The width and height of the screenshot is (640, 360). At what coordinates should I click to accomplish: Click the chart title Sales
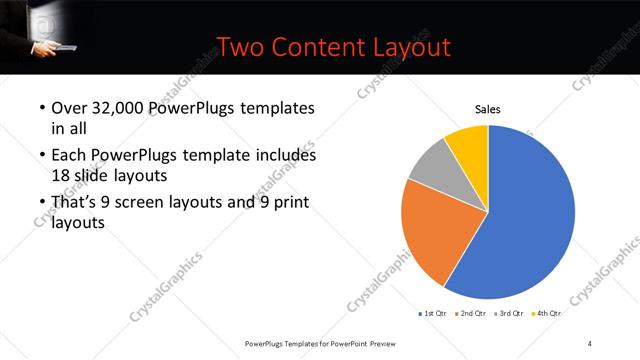pos(487,110)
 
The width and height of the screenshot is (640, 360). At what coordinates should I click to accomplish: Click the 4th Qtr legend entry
pos(546,313)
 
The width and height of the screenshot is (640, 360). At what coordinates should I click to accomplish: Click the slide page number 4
pos(589,344)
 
